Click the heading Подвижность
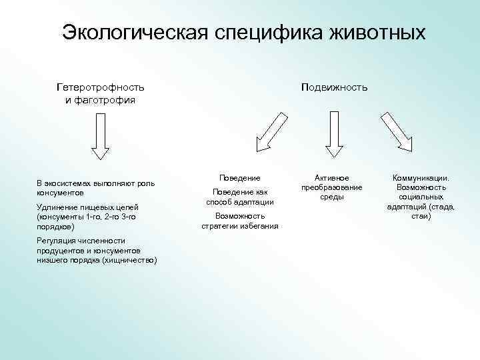334,87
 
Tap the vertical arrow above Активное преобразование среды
331,132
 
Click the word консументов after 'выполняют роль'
59,192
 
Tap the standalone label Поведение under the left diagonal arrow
240,178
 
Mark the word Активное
331,178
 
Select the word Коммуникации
421,178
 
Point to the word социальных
421,197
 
